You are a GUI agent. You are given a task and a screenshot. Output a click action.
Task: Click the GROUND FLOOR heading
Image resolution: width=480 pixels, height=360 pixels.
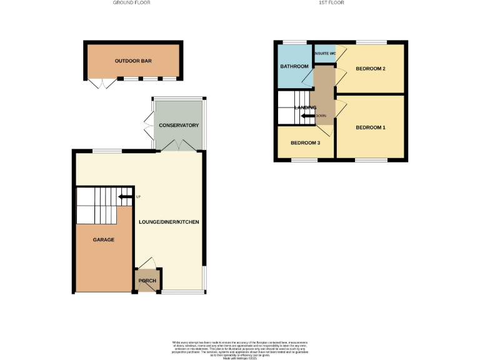coord(131,2)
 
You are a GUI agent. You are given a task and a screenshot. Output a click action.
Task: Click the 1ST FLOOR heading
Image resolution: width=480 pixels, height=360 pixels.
coord(331,2)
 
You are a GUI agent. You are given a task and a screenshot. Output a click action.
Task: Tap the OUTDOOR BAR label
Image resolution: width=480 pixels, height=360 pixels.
coord(133,61)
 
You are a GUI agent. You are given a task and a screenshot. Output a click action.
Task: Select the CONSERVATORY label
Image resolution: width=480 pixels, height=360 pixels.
coord(179,126)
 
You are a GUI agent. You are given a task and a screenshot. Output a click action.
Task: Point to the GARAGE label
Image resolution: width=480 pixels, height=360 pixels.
coord(104,239)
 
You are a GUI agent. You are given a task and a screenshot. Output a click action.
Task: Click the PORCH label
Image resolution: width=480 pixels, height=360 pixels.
coord(147,281)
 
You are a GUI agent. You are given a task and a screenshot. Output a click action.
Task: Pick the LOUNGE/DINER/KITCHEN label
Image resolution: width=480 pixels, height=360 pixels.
coord(169,222)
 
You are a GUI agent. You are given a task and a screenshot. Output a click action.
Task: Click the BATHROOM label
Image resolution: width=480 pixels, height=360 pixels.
coord(294,66)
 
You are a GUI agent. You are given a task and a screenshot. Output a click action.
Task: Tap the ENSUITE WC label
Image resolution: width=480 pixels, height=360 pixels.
coord(325,53)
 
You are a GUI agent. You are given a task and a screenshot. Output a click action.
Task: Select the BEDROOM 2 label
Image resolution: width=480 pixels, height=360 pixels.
coord(370,69)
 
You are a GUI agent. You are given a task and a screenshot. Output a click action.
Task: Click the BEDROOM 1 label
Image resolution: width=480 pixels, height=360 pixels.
coord(371,127)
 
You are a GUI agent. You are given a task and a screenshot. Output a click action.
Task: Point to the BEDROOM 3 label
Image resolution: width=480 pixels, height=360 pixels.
coord(306,143)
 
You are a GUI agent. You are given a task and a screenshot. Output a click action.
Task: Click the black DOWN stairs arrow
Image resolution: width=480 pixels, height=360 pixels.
coord(308,116)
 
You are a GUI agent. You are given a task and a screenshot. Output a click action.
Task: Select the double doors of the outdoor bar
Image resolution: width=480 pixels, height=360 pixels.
coord(98,84)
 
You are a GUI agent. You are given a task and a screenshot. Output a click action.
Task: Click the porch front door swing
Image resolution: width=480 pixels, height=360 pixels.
coord(147,262)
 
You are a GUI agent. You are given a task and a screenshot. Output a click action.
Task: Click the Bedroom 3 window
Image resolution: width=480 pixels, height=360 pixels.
coord(305,160)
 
